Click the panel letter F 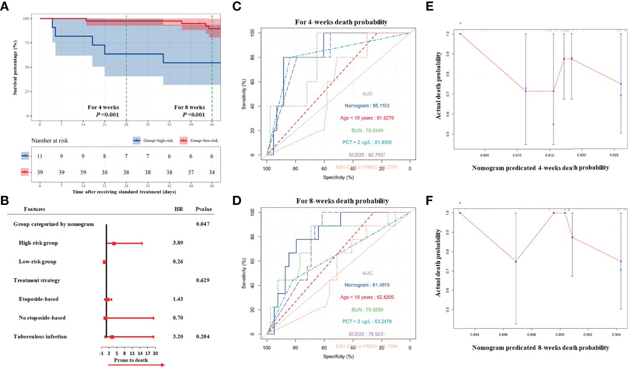click(x=430, y=200)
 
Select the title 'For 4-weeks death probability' click(x=341, y=22)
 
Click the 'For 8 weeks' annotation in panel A click(x=189, y=107)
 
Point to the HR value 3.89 click(x=178, y=243)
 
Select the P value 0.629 click(x=203, y=280)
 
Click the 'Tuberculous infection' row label click(x=40, y=337)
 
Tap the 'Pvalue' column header click(x=204, y=209)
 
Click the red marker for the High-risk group click(x=114, y=243)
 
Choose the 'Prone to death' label click(x=131, y=360)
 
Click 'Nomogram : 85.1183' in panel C click(x=367, y=106)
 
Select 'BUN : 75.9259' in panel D click(x=367, y=310)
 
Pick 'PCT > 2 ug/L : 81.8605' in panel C click(x=367, y=142)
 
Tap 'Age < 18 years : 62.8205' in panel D click(x=367, y=297)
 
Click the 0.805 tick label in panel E click(x=485, y=155)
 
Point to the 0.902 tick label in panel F click(x=588, y=335)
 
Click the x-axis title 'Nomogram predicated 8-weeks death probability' click(x=540, y=348)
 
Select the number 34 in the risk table click(x=212, y=173)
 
